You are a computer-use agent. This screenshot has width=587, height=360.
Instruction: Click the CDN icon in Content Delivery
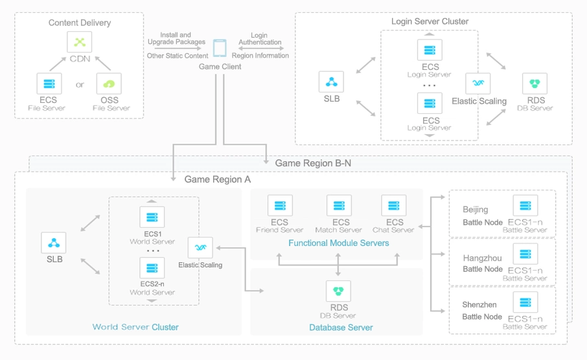(80, 43)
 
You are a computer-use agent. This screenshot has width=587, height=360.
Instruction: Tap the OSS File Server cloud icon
(109, 84)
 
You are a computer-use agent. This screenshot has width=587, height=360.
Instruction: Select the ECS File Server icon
(49, 84)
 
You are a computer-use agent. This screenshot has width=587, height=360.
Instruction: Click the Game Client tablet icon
(220, 49)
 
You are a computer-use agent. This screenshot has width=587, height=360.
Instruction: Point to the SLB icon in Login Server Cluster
(332, 82)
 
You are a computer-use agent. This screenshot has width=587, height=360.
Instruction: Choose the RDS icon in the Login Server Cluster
(535, 84)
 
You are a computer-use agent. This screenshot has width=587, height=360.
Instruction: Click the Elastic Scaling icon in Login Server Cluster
(478, 84)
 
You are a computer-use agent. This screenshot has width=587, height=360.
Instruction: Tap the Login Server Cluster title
(430, 21)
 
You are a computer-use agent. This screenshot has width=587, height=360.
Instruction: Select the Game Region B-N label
(313, 163)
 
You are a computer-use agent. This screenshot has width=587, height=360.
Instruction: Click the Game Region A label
(218, 179)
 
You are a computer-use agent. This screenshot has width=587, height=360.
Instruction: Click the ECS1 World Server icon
(152, 217)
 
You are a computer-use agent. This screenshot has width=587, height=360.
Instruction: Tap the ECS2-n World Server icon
(152, 267)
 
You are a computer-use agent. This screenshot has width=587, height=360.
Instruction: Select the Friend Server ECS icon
(280, 205)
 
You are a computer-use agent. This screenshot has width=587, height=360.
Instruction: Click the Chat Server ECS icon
(394, 205)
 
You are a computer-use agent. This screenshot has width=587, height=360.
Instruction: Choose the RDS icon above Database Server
(338, 291)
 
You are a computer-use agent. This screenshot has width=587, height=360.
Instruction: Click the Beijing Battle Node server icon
(525, 205)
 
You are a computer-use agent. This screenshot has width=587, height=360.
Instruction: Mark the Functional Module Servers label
(339, 243)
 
